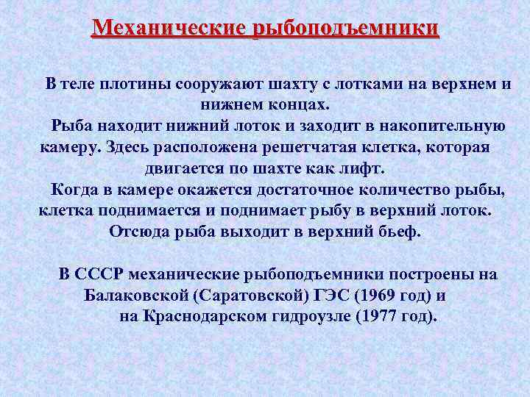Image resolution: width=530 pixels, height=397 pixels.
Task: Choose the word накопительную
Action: click(x=448, y=126)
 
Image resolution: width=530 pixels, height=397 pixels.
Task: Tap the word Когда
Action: click(x=74, y=190)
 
